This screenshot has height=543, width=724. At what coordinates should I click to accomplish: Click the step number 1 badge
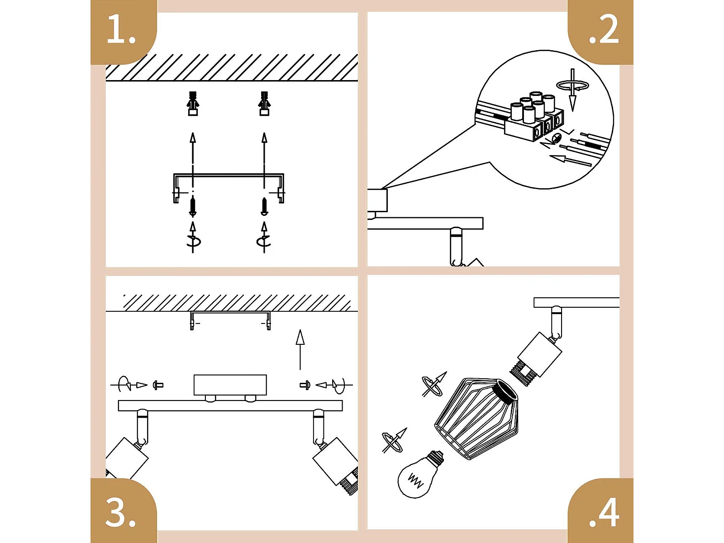pyautogui.click(x=122, y=31)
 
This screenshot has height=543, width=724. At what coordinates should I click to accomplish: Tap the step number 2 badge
pyautogui.click(x=603, y=31)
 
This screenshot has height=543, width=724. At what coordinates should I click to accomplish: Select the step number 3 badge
pyautogui.click(x=121, y=512)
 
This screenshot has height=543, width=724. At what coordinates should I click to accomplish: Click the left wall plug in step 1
pyautogui.click(x=193, y=104)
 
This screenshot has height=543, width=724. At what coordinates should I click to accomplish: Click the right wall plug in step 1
pyautogui.click(x=264, y=104)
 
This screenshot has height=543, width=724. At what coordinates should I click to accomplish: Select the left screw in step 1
pyautogui.click(x=193, y=206)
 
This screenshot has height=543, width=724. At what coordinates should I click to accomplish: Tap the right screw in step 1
pyautogui.click(x=264, y=206)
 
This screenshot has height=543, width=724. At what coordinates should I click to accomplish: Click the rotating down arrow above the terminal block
pyautogui.click(x=573, y=89)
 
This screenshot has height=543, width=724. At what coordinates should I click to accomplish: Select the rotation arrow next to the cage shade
pyautogui.click(x=433, y=385)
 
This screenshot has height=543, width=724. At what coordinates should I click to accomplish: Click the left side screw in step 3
pyautogui.click(x=158, y=386)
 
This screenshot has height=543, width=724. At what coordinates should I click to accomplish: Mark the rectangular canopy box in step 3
pyautogui.click(x=230, y=385)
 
